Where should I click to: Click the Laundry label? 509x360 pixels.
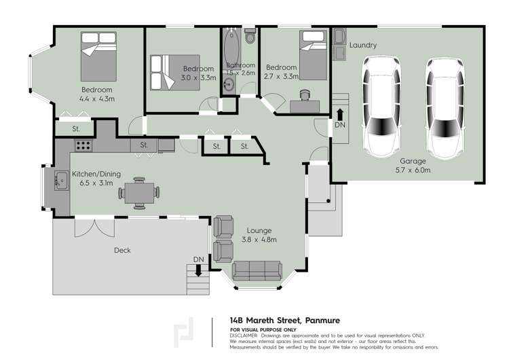click(363, 46)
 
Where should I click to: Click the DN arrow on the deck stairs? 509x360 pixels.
click(198, 270)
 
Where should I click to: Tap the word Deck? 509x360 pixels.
click(122, 251)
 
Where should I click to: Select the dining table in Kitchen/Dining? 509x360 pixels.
click(140, 193)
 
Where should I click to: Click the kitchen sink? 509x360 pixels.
click(61, 181)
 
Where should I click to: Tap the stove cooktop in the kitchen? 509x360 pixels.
click(83, 145)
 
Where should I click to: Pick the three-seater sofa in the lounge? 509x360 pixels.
click(257, 272)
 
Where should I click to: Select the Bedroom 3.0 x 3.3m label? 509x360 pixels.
click(198, 73)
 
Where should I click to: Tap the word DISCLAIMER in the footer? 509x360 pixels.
click(244, 336)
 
